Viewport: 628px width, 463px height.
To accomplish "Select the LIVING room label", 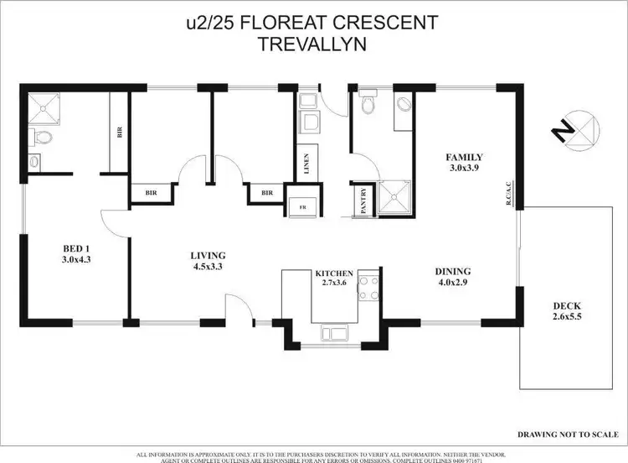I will coord(208,256).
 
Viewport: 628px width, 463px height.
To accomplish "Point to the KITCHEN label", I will coord(334,274).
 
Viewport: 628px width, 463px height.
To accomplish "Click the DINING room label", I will coord(452,271).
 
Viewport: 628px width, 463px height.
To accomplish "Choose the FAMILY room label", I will coord(465,157).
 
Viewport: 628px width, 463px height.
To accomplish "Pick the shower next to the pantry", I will coord(392,199).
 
